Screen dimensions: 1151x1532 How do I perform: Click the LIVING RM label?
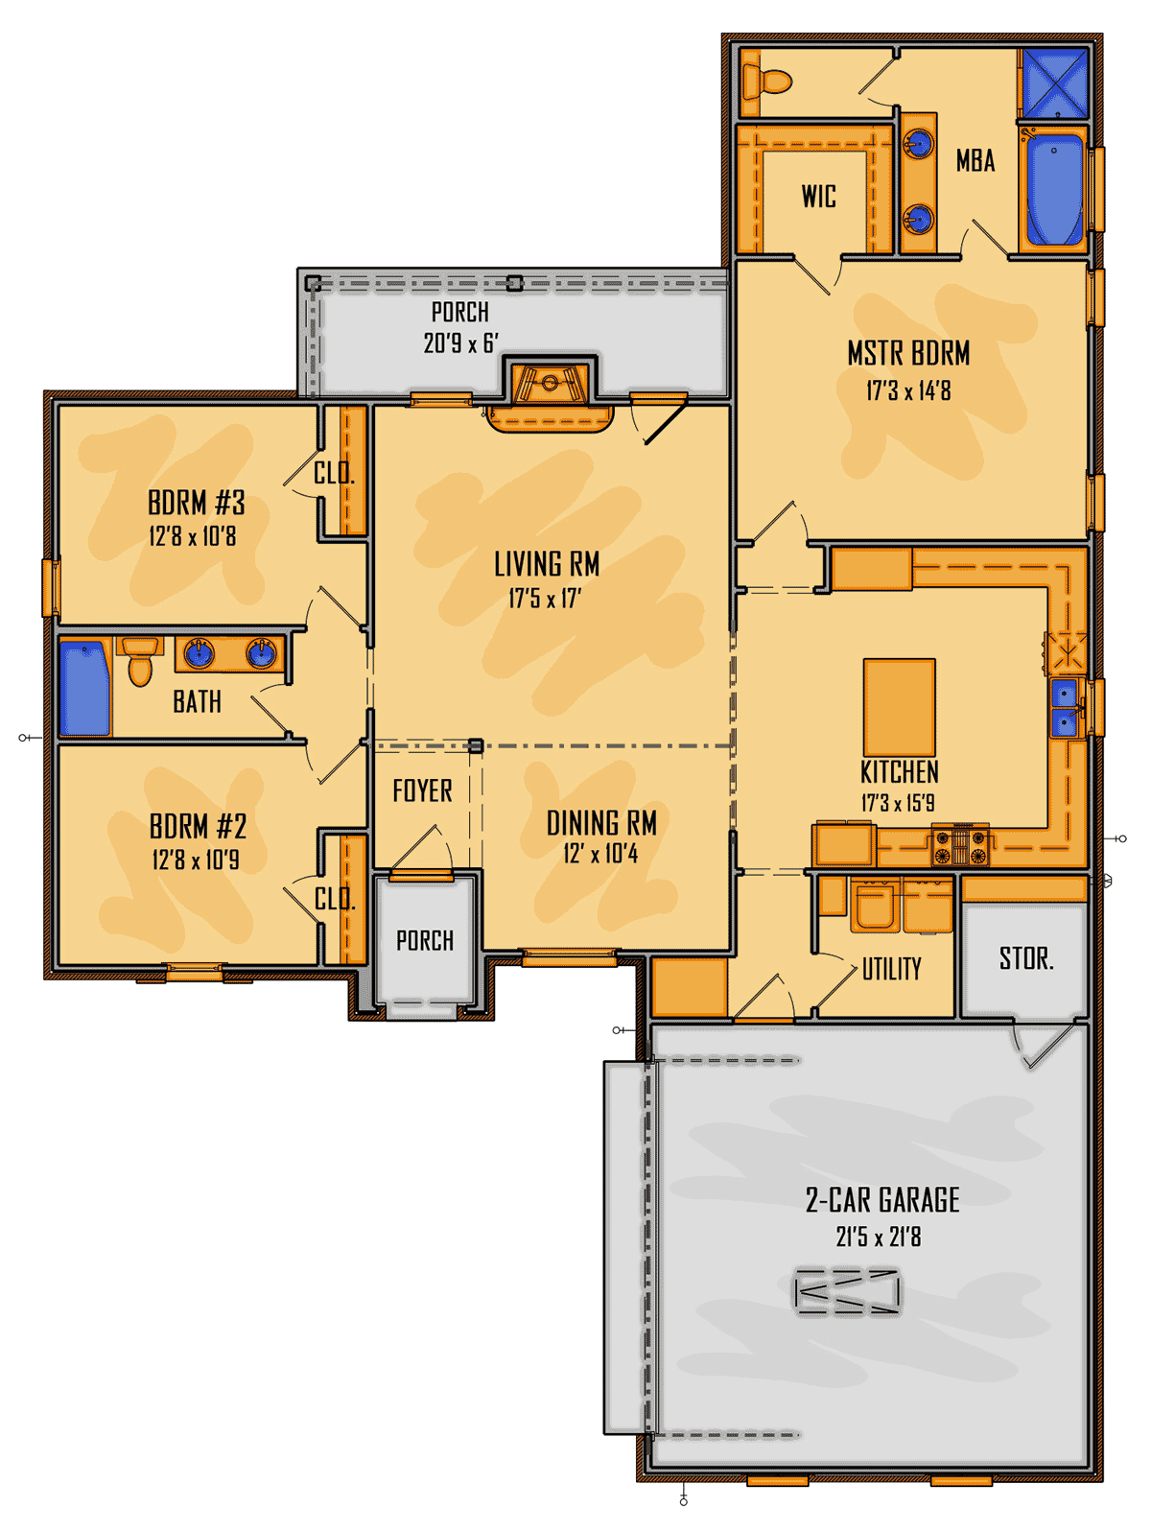click(547, 564)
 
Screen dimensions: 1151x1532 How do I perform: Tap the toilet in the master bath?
click(767, 82)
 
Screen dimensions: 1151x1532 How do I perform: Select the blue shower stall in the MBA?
click(1055, 83)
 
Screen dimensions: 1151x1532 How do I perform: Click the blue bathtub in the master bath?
click(1055, 188)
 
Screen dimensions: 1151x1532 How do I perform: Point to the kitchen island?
click(899, 706)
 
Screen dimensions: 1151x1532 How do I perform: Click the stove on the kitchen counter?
click(960, 844)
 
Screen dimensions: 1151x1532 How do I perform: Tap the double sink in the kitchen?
click(1066, 707)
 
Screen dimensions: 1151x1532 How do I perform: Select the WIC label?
click(819, 196)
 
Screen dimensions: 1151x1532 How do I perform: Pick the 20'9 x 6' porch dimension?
click(461, 342)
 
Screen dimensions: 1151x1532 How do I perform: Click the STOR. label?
click(1026, 958)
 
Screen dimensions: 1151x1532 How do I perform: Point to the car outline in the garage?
click(848, 1293)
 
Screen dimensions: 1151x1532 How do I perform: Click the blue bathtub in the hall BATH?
click(85, 688)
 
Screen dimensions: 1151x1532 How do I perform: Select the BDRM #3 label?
click(196, 502)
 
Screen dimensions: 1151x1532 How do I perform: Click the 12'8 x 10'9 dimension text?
click(196, 860)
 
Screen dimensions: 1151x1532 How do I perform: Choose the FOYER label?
click(422, 790)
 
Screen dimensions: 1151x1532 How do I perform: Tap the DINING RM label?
click(601, 823)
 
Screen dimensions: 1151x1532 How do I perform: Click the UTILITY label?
click(892, 968)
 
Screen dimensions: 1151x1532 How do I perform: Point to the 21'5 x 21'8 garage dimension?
click(879, 1237)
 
